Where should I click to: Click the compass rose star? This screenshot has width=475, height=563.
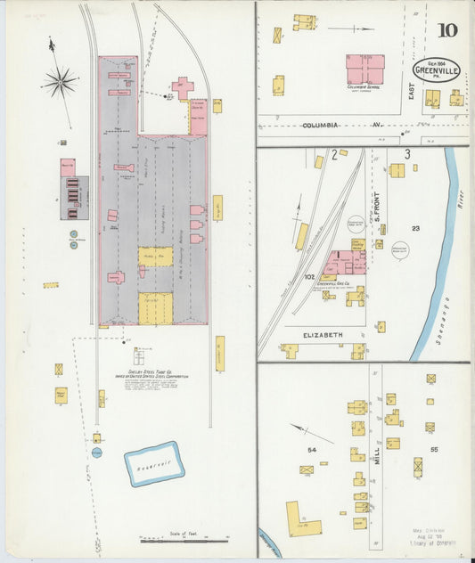pos(59,84)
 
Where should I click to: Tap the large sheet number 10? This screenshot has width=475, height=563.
pos(447,30)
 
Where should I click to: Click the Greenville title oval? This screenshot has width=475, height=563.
pos(437,70)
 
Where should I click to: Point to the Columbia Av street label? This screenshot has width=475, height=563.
pos(320,126)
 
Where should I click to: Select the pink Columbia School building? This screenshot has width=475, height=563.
pos(364,69)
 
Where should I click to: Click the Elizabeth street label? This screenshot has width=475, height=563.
pos(323,334)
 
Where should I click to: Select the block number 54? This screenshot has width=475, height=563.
pos(312,450)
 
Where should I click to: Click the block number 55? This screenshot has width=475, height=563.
pos(434,450)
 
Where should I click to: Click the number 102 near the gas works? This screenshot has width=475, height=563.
pos(309,277)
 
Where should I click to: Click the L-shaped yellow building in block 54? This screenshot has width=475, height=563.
pos(302,521)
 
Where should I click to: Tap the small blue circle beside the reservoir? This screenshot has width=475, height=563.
pos(96,453)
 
